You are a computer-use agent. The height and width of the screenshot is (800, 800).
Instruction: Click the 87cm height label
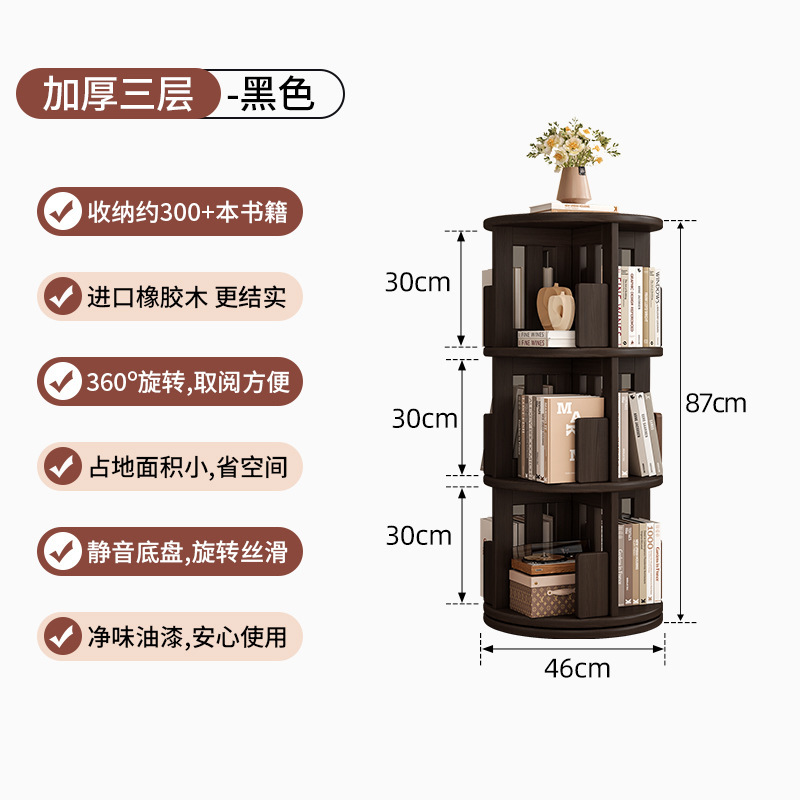(716, 403)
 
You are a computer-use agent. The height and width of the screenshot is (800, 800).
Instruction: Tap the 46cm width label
(577, 668)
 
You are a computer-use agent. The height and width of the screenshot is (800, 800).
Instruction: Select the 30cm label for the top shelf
(418, 283)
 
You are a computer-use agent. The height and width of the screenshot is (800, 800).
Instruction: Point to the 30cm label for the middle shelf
(424, 419)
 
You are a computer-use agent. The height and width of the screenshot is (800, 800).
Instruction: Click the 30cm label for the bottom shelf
(418, 536)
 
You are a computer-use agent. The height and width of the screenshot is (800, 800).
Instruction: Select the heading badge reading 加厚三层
(118, 93)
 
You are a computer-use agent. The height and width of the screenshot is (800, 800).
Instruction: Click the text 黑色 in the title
(278, 93)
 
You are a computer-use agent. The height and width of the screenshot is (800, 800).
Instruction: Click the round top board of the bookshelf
(573, 222)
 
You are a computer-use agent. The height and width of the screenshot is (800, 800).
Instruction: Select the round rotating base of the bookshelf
(573, 620)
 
